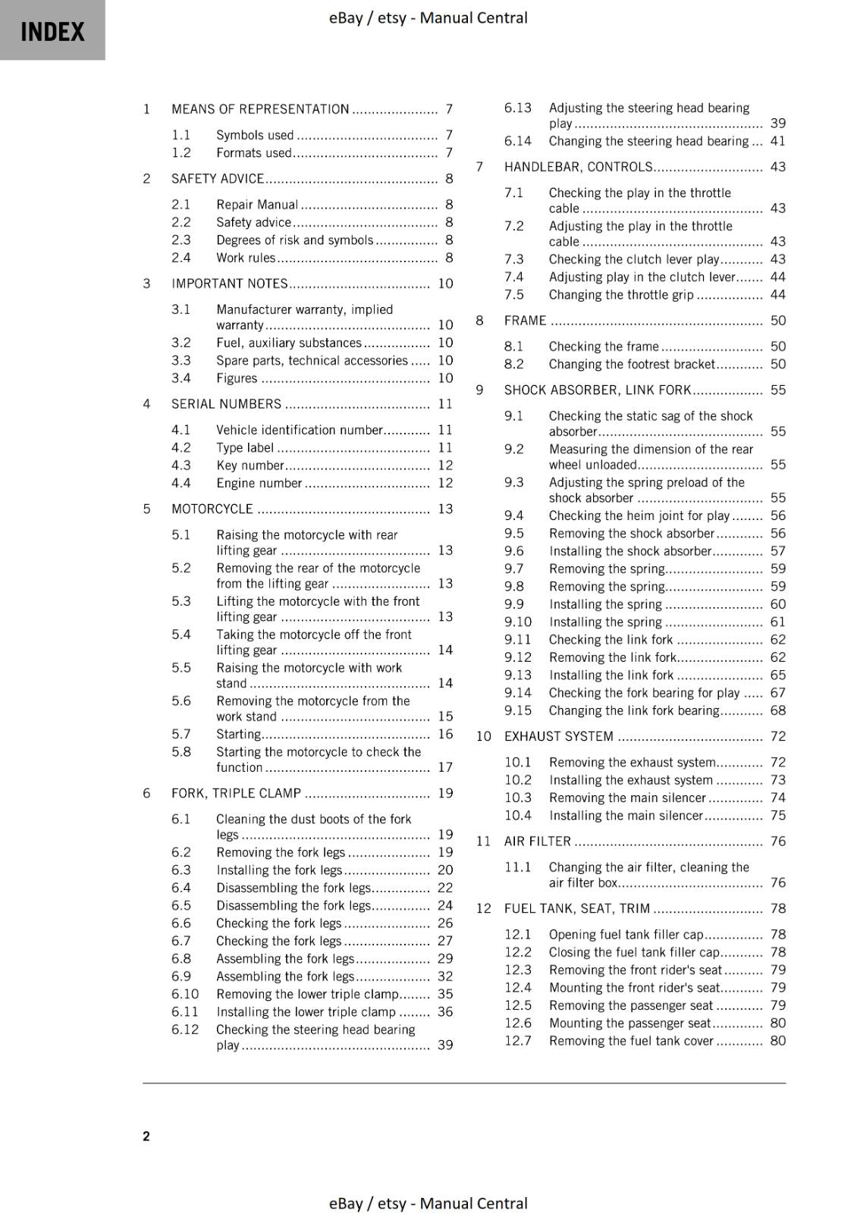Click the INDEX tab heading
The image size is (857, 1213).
(52, 31)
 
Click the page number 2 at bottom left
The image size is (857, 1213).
(146, 1136)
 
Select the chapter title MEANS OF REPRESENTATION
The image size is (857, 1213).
(260, 109)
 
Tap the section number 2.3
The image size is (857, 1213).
(181, 240)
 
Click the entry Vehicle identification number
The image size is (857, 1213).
(299, 430)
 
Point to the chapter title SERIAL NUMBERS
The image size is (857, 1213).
(226, 404)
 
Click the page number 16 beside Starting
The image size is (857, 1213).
(445, 734)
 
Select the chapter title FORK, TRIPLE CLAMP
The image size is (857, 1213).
(236, 793)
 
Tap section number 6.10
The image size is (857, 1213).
(185, 994)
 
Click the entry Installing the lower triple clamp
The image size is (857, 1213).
(306, 1012)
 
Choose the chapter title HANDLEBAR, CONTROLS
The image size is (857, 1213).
(578, 167)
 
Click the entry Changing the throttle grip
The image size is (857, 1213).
(620, 295)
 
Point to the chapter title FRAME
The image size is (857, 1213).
(525, 321)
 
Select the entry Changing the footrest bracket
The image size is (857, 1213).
(631, 364)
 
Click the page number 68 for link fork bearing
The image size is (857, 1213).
(778, 710)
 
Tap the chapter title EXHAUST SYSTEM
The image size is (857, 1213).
(558, 736)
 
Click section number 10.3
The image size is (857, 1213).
(518, 798)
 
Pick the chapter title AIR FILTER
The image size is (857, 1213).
(537, 842)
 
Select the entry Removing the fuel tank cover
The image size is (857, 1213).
(631, 1041)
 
